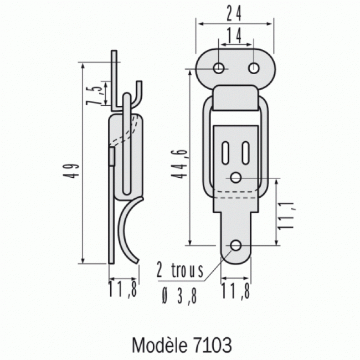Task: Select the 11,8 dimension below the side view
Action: click(x=123, y=290)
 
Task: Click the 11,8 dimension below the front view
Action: click(x=235, y=290)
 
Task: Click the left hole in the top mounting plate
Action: click(x=220, y=68)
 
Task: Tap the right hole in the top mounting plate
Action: click(x=253, y=68)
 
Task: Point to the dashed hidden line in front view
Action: click(x=235, y=194)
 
